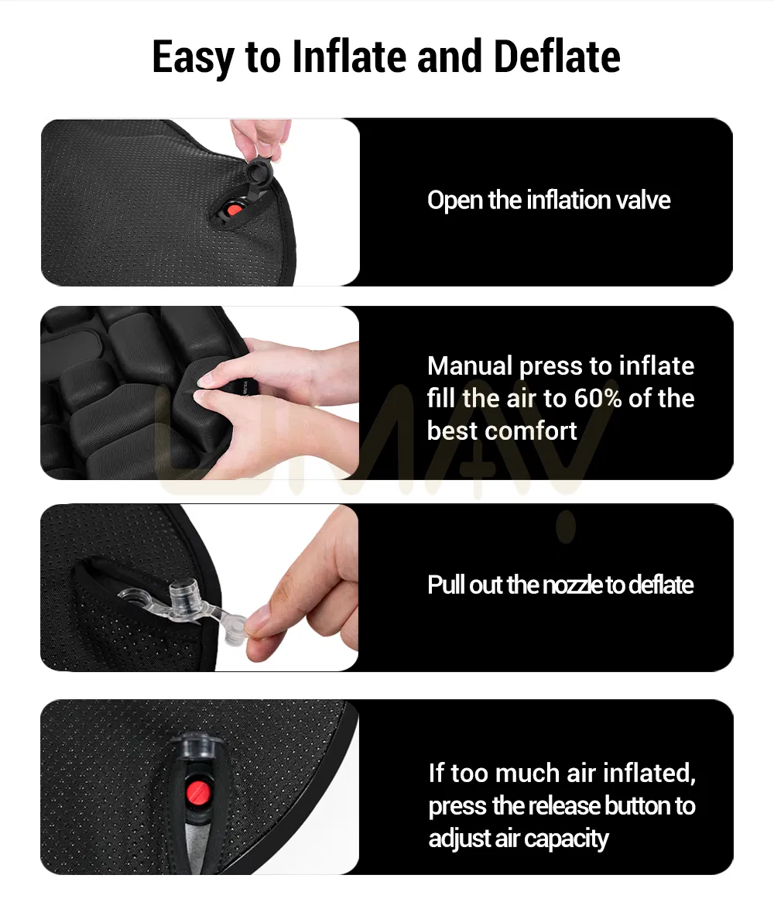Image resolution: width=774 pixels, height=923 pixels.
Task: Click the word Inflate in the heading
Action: point(349,57)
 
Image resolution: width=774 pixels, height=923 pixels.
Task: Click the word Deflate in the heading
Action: point(557,57)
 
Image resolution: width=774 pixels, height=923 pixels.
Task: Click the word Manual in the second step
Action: point(471,365)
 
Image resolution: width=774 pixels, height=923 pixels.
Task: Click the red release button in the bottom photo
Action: point(194,792)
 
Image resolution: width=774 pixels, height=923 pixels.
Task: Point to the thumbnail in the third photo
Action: point(255,619)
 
